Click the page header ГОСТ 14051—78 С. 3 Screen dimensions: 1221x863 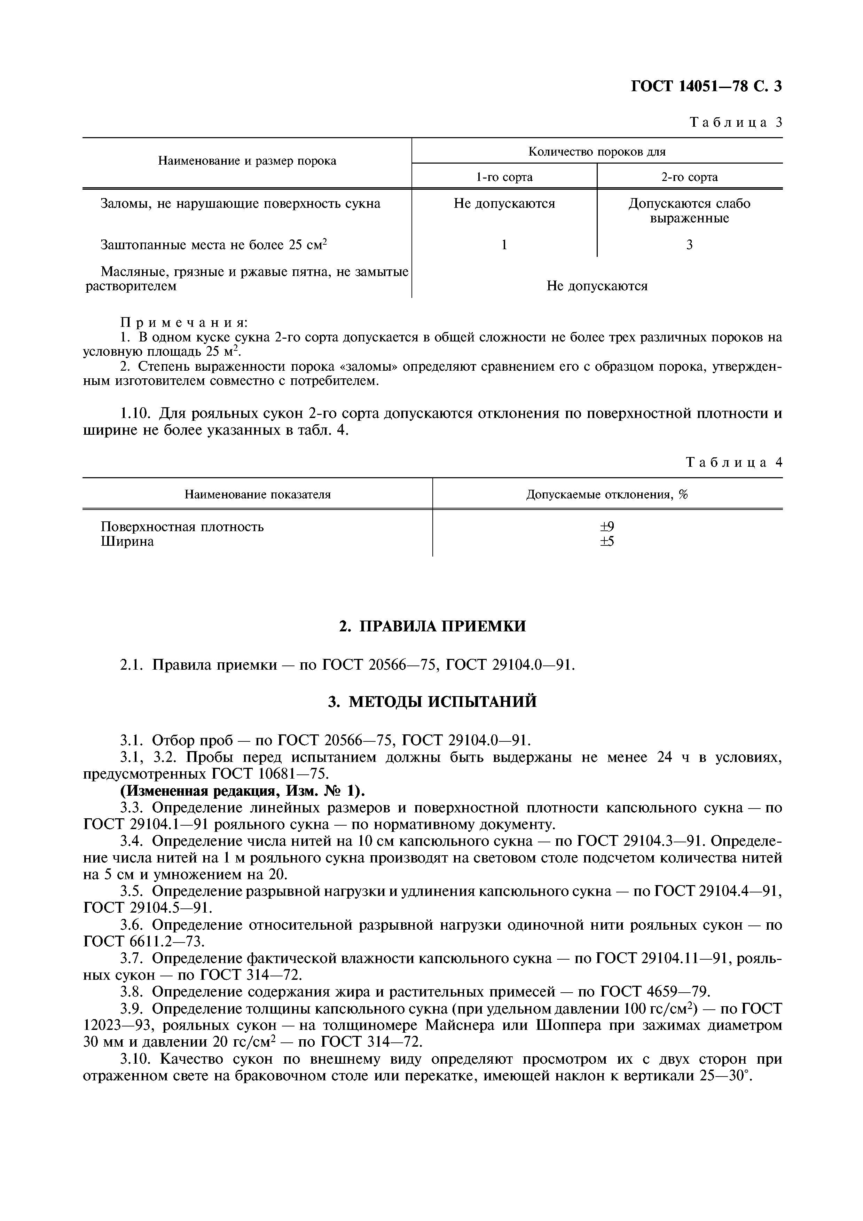point(706,87)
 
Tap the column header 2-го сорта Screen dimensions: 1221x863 point(689,177)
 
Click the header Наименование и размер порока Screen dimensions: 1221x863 point(247,161)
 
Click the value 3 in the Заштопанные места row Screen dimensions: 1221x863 point(689,245)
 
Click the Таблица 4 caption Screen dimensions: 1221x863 point(734,462)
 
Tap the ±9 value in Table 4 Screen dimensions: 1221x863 point(607,527)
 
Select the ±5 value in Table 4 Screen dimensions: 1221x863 point(607,541)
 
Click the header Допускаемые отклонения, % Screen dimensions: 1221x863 point(607,495)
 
